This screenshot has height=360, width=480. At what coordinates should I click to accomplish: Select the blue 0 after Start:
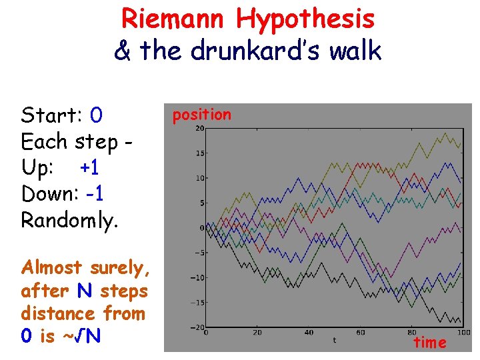[x=96, y=116]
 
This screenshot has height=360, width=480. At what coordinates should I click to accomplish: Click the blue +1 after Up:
[x=90, y=168]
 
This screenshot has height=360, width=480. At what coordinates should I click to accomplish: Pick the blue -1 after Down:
[x=94, y=194]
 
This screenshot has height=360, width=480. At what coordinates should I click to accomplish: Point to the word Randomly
[x=70, y=220]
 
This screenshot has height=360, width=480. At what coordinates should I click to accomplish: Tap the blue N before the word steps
[x=83, y=291]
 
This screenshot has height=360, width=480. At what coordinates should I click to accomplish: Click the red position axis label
[x=202, y=115]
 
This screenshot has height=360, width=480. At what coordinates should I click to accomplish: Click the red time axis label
[x=430, y=343]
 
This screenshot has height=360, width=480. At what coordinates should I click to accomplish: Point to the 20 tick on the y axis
[x=199, y=129]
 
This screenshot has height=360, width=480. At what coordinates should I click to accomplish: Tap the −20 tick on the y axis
[x=197, y=327]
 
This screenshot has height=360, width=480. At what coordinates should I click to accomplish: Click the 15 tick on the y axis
[x=199, y=153]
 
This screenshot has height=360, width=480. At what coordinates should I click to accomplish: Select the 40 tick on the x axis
[x=308, y=333]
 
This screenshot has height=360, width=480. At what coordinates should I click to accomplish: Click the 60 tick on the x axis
[x=360, y=333]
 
